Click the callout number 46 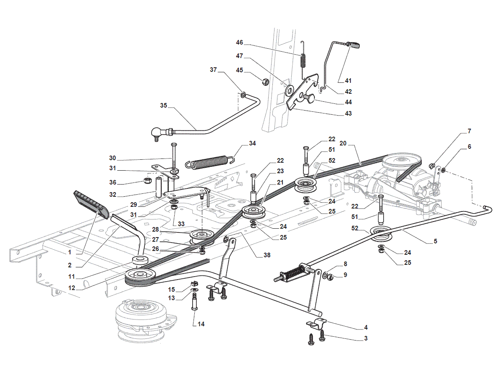click(239, 42)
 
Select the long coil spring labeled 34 click(209, 161)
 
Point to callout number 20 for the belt click(343, 143)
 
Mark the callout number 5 click(435, 241)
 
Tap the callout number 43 click(348, 113)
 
